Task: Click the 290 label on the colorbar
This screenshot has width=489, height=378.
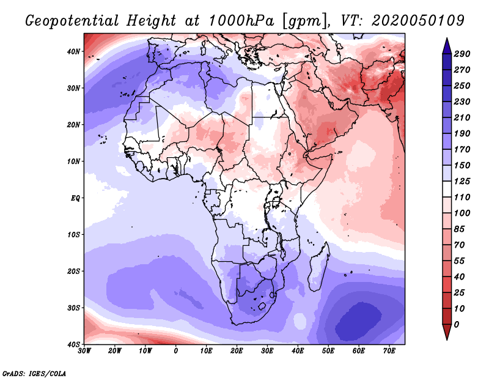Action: [461, 54]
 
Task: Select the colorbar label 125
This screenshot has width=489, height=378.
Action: [461, 182]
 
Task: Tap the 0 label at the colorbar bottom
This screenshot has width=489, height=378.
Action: [457, 324]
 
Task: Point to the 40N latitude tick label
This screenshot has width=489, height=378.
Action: [73, 51]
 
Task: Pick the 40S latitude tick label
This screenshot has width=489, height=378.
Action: [73, 344]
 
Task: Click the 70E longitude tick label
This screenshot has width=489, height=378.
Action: [389, 351]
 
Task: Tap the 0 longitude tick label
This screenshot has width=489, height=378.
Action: [176, 351]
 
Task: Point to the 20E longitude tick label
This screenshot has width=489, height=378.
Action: [237, 351]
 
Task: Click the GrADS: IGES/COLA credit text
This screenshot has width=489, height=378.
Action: [34, 372]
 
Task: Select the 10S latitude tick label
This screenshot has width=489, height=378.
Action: [73, 235]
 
